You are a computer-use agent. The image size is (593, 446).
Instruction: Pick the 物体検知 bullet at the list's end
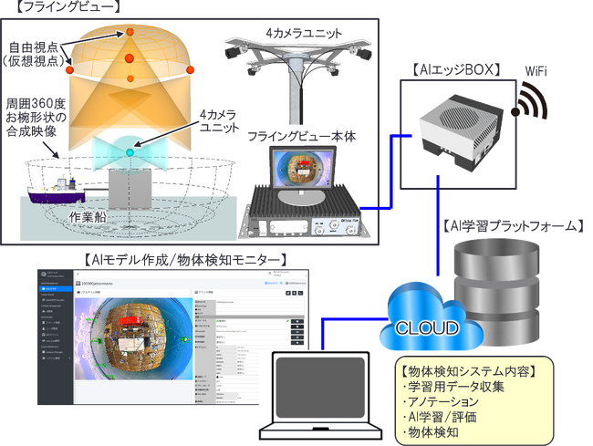[432, 432]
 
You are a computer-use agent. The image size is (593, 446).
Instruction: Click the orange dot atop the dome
[130, 32]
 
